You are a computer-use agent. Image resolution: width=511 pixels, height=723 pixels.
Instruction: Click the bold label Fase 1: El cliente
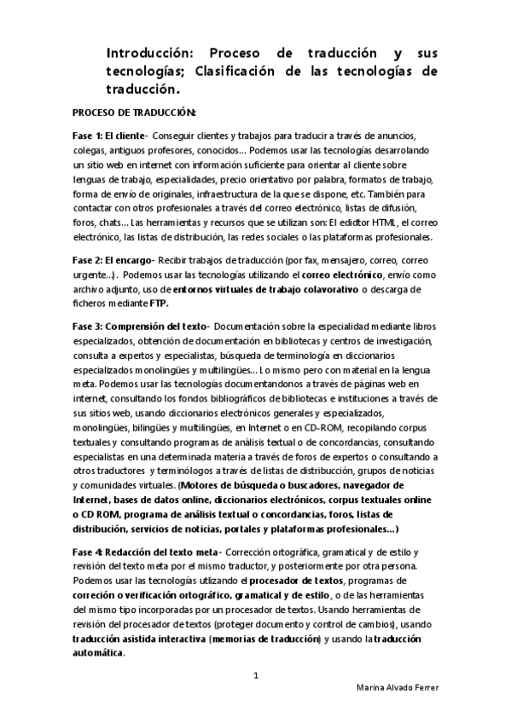[x=110, y=136]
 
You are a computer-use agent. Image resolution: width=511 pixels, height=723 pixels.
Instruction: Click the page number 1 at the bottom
[x=256, y=675]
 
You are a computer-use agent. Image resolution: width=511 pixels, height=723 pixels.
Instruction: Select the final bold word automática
[x=98, y=653]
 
